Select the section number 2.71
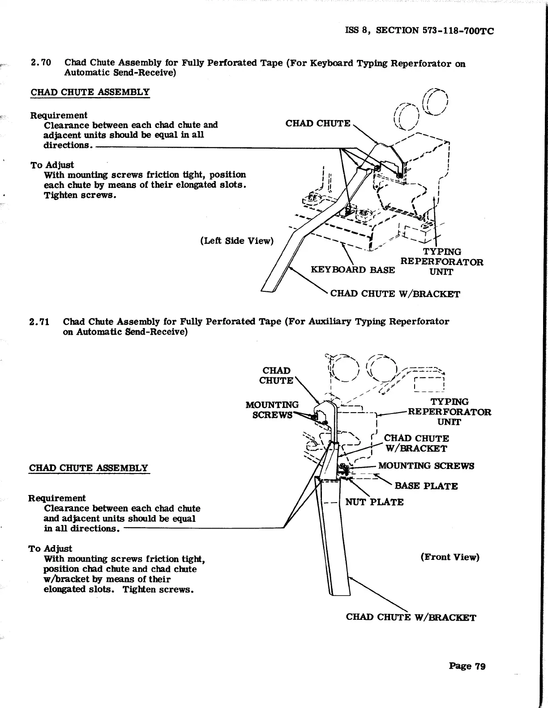[39, 322]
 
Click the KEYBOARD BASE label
[353, 270]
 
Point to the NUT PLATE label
[374, 502]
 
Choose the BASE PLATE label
[426, 486]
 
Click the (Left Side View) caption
[236, 241]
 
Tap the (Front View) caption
[450, 557]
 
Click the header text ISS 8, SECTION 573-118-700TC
[420, 30]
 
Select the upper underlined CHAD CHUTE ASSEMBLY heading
[90, 92]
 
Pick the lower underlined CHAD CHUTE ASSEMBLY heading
[88, 468]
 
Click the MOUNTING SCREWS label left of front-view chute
[272, 409]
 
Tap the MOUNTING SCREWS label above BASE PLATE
[426, 466]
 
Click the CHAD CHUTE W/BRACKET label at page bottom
[411, 618]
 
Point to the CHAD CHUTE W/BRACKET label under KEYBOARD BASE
[395, 294]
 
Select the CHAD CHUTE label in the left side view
[318, 124]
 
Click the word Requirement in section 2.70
[59, 115]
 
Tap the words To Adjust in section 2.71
[50, 549]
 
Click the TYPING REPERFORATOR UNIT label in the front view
[449, 412]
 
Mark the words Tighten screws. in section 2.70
[80, 195]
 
